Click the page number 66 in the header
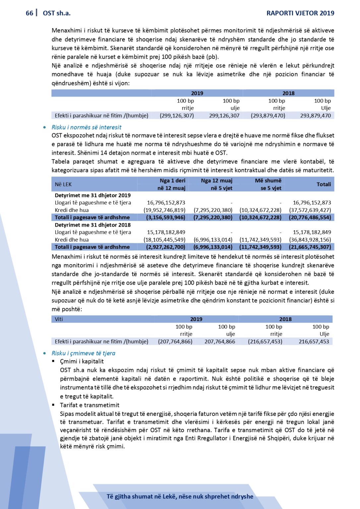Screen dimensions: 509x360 tap(29, 13)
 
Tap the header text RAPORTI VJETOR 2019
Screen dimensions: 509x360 tap(300, 13)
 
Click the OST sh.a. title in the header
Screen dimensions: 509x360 tap(57, 13)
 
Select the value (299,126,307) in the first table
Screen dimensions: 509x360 tap(177, 116)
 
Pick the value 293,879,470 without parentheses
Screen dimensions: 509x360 tap(315, 116)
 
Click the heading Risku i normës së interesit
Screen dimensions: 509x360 tap(86, 127)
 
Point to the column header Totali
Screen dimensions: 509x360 tap(324, 184)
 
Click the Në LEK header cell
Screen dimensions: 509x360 tap(63, 184)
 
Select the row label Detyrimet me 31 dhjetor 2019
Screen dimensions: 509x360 tap(92, 196)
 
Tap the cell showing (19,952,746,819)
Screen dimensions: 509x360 tap(164, 210)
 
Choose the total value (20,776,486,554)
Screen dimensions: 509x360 tap(310, 217)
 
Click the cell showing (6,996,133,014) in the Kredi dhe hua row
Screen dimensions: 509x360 tap(213, 240)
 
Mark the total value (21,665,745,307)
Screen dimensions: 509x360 tap(310, 247)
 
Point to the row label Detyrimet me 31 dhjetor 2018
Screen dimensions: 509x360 tap(92, 225)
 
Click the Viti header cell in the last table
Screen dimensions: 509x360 tap(59, 319)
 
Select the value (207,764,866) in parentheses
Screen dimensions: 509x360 tap(175, 341)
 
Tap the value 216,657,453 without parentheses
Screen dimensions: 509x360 tap(314, 341)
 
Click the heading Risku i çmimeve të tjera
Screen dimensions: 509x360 tap(83, 353)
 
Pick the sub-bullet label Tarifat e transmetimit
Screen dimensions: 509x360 tap(90, 405)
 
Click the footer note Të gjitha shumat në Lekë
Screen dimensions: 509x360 tap(180, 496)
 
